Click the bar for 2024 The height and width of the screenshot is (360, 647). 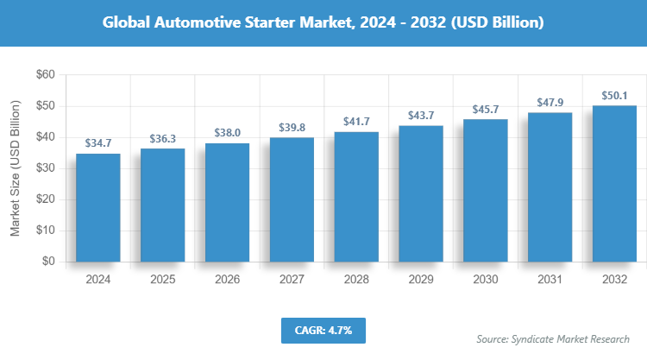point(97,207)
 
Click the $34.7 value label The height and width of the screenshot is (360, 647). point(97,143)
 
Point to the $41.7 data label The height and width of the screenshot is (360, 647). point(356,122)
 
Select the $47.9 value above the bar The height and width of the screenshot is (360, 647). point(550,103)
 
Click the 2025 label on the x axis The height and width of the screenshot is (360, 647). point(162,280)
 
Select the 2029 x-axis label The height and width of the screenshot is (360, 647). point(421,280)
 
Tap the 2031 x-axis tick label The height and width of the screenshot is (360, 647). point(550,280)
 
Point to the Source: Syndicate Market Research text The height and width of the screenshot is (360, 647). point(553,339)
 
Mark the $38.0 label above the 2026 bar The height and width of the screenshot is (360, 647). point(227,133)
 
